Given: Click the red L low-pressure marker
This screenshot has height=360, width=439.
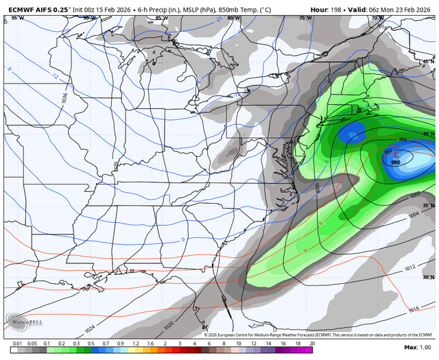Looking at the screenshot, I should tap(396, 155).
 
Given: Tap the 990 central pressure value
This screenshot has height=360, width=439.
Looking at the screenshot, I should tap(396, 163).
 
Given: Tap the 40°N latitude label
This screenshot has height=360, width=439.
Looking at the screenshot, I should tap(429, 134).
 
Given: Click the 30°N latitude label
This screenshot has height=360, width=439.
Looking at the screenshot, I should tap(429, 278).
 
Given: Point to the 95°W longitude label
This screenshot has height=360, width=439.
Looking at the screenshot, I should tap(16, 18).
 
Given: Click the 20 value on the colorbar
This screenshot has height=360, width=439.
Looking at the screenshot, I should tap(311, 343).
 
